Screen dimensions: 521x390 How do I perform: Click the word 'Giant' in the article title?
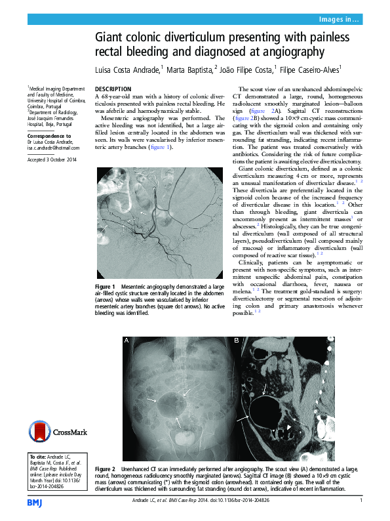tap(112, 39)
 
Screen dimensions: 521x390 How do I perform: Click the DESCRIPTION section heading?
tap(113, 89)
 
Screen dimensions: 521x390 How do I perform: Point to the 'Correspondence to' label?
tap(49, 135)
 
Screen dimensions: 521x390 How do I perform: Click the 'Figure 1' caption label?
tap(105, 287)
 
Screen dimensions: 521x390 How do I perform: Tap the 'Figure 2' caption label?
tap(105, 470)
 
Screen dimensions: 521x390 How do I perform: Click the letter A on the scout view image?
tap(127, 341)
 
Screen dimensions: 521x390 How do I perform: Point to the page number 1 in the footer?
tap(361, 502)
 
